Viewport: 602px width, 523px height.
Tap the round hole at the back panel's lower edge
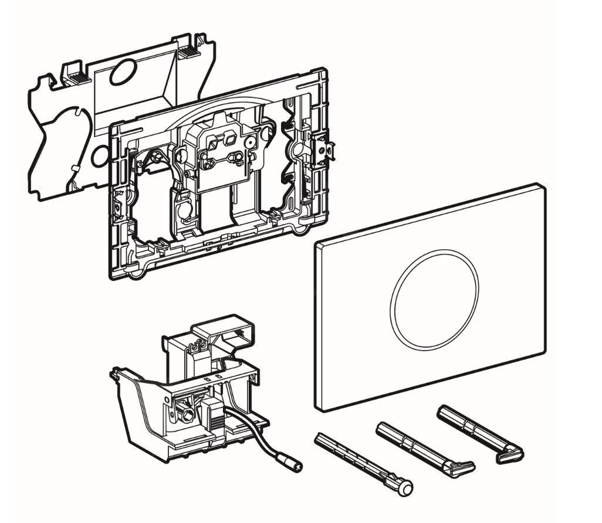point(100,156)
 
